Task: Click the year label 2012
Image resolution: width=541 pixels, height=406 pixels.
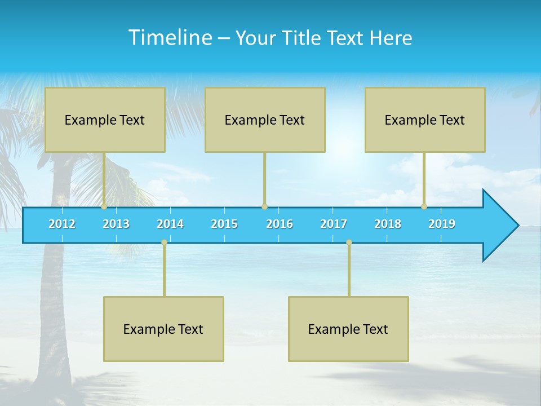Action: tap(62, 224)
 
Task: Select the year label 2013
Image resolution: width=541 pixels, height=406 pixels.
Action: tap(116, 224)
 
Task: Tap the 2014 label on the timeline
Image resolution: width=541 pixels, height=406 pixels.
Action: tap(170, 224)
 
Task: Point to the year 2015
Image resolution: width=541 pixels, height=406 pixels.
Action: tap(224, 224)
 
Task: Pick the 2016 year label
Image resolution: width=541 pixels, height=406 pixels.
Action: tap(280, 224)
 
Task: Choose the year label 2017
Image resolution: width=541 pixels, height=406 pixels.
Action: tap(334, 224)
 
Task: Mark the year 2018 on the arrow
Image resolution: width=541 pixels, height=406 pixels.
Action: tap(388, 224)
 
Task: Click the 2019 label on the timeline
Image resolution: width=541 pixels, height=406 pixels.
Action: tap(442, 224)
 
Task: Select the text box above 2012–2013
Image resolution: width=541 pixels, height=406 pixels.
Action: tap(105, 120)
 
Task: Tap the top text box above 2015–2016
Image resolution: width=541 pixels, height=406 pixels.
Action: tap(265, 120)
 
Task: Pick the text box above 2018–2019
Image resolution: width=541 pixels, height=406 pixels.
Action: tap(425, 120)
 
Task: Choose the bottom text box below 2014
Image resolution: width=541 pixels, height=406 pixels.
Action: tap(163, 329)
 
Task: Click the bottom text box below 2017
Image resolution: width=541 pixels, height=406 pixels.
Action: tap(348, 329)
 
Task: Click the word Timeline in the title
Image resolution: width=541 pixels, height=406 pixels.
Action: tap(170, 37)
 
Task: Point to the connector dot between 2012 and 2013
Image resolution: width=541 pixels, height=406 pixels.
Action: tap(104, 206)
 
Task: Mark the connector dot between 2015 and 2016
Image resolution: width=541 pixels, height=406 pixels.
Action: tap(264, 206)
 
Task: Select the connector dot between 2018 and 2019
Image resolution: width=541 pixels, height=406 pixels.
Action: tap(424, 206)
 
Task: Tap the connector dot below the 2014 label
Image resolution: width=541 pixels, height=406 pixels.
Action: tap(164, 242)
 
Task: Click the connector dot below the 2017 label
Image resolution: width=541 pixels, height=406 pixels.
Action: tap(349, 242)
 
